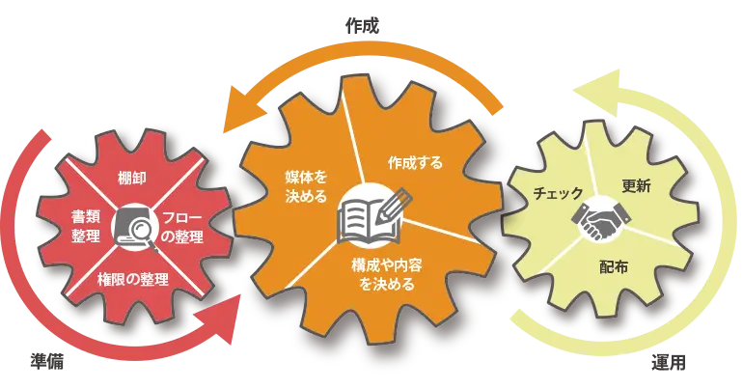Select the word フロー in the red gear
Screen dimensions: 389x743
(182, 217)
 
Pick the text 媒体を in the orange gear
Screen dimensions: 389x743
(305, 179)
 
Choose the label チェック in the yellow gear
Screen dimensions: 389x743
(559, 193)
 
